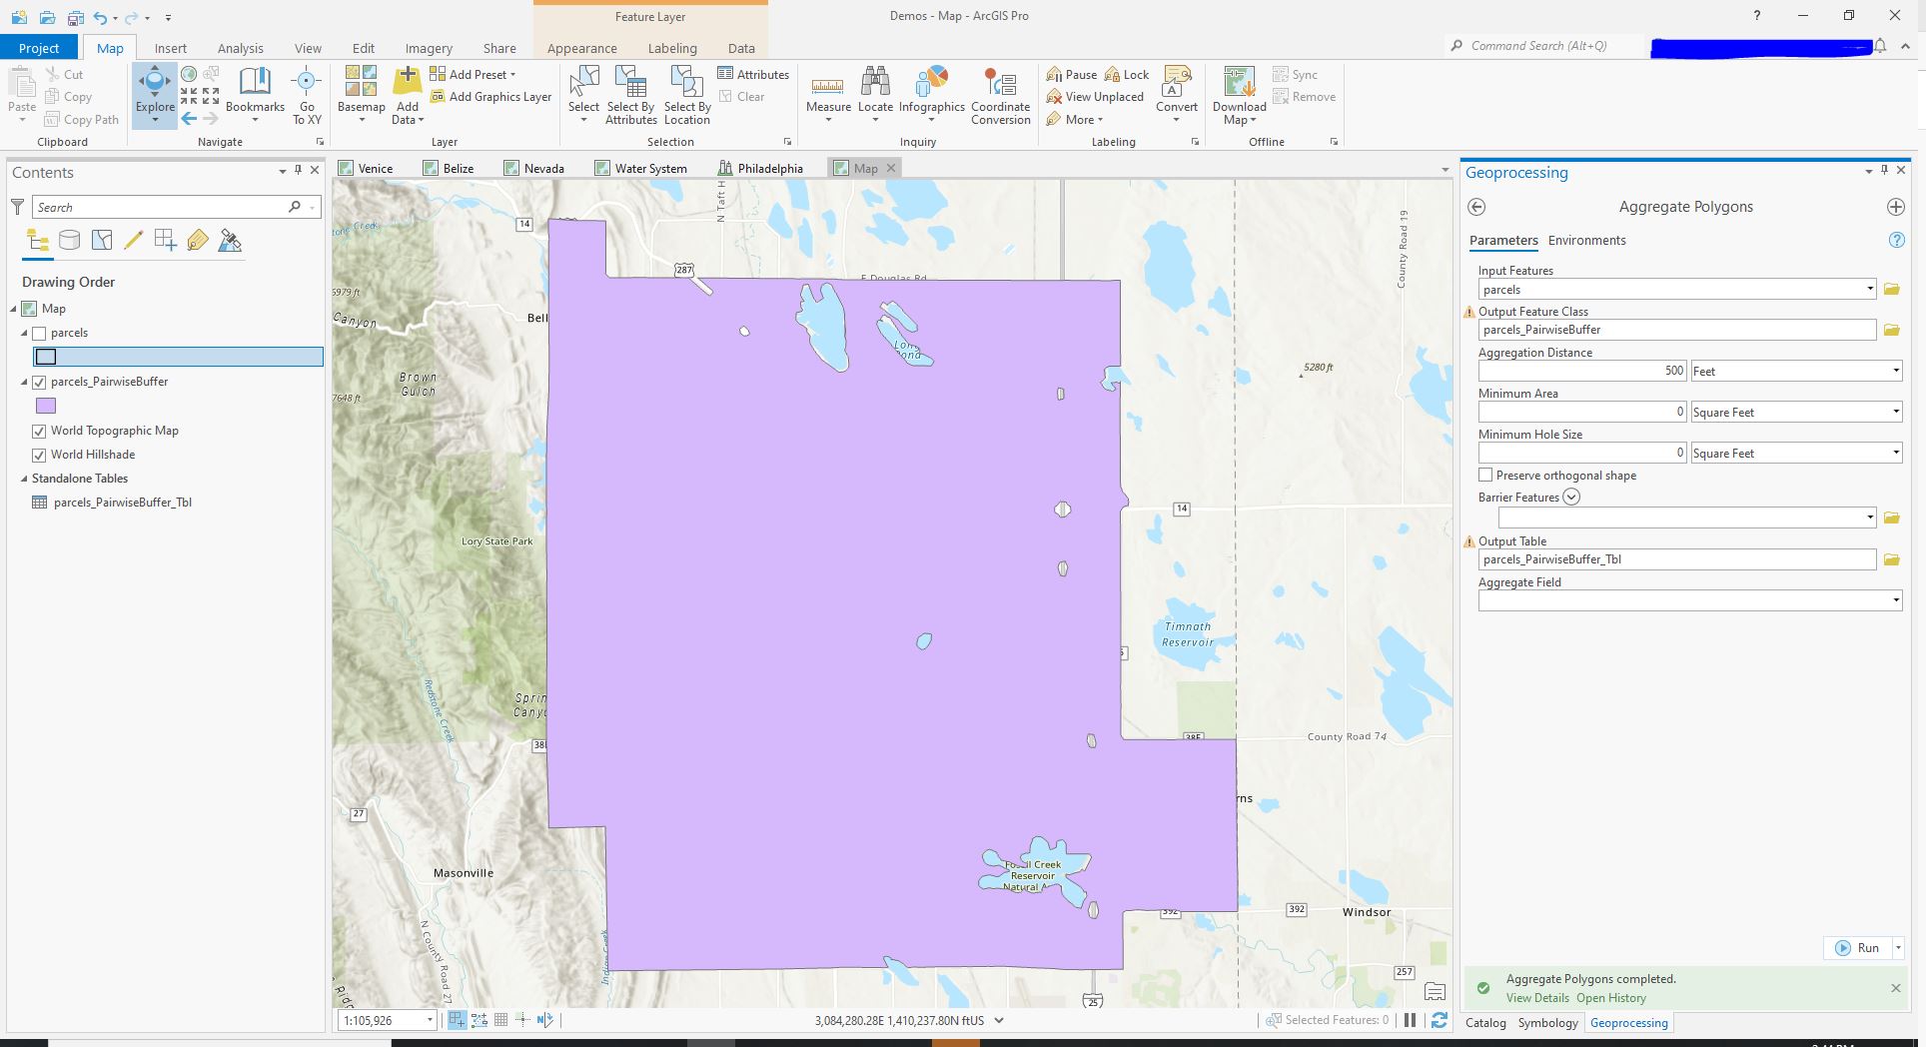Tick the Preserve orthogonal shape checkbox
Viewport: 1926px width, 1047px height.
click(1485, 476)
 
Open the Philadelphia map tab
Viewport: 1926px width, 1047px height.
click(768, 169)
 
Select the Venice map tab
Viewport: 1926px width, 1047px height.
click(374, 169)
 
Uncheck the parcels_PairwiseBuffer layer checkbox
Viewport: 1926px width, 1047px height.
click(39, 382)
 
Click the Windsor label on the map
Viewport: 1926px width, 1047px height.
click(1366, 912)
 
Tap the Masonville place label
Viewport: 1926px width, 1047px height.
click(464, 873)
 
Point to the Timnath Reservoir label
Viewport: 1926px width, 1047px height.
click(1187, 634)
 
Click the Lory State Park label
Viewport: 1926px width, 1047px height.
click(496, 541)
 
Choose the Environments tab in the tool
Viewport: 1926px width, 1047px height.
click(1586, 241)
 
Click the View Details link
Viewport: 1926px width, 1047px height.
click(1536, 998)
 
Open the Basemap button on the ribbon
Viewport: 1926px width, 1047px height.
click(361, 95)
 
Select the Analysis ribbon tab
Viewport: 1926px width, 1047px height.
click(240, 48)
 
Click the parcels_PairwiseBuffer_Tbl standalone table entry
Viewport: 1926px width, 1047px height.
click(122, 503)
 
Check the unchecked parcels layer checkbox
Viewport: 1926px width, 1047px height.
click(39, 334)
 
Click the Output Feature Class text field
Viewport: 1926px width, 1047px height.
click(1675, 330)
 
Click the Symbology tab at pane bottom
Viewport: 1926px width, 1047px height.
click(1547, 1023)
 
